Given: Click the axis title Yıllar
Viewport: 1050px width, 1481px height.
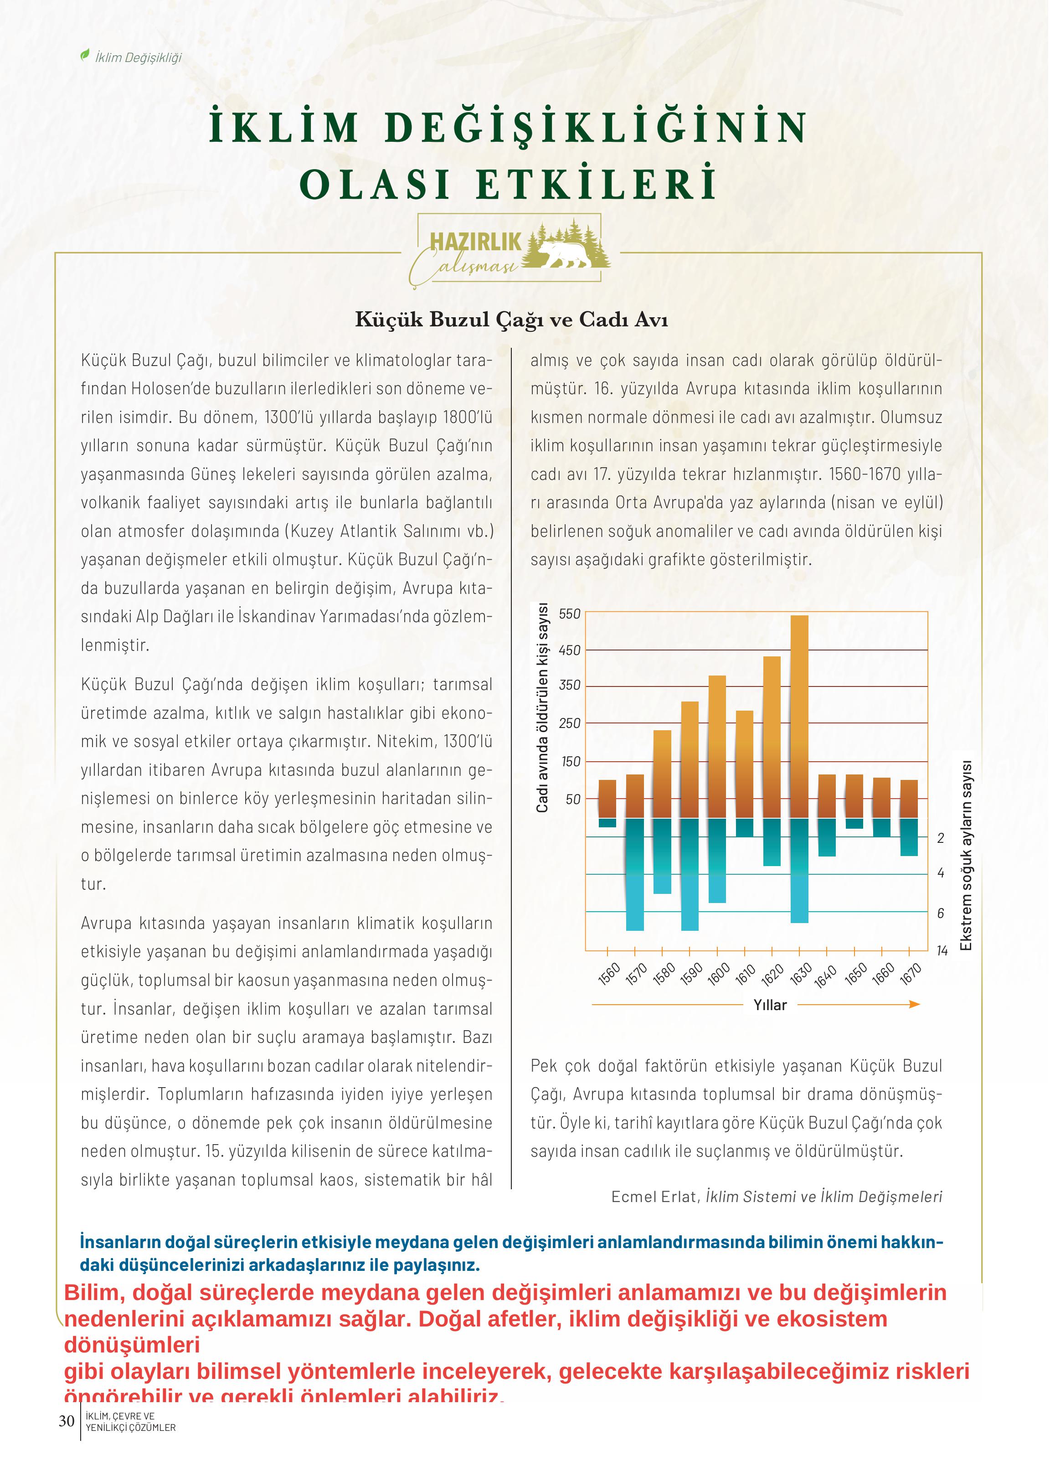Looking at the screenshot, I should click(770, 1005).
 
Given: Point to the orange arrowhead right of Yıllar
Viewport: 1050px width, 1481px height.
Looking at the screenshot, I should click(914, 1004).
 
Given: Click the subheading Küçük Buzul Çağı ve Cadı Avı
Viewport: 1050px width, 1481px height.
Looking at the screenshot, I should click(511, 320).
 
